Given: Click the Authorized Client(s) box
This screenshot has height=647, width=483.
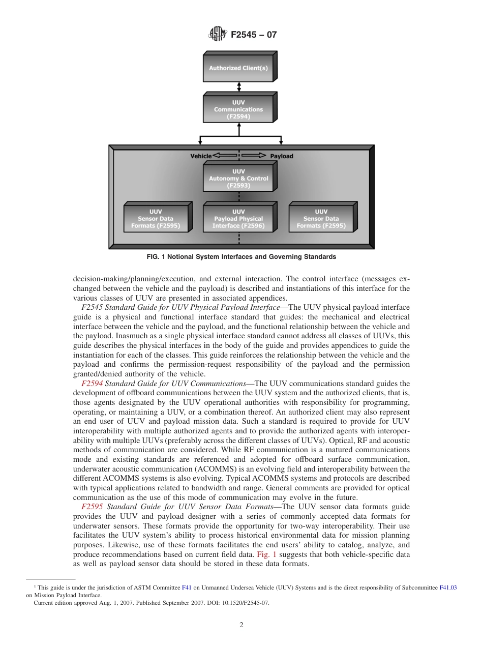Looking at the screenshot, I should point(238,68).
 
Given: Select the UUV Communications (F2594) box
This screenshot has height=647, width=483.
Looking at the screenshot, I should point(238,109).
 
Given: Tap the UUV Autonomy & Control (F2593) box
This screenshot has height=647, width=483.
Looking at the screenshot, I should point(238,179).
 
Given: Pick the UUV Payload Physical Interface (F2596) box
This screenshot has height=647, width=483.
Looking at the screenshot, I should point(238,219).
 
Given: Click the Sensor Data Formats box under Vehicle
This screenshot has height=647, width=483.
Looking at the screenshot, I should point(156,219).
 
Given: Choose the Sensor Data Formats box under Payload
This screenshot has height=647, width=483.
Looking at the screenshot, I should point(321,219).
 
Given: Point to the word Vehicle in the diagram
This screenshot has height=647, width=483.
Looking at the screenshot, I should point(201,156).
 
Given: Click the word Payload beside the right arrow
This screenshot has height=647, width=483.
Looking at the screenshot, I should point(281,156).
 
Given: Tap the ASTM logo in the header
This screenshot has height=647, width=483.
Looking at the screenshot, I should point(218,35).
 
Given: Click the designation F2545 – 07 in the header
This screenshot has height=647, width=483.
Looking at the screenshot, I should point(254,35).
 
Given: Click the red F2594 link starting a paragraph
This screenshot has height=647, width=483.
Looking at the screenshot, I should point(92,384).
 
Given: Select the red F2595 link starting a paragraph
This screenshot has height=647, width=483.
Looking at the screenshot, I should point(92,507).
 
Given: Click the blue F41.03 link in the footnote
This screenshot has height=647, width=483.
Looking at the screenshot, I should point(447,587).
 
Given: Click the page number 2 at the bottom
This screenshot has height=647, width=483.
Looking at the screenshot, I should point(242,625).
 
